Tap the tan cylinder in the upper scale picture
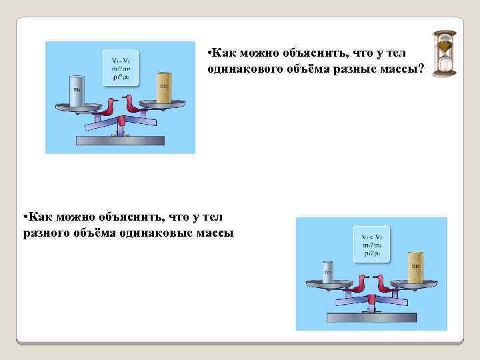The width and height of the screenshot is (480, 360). (x=164, y=87)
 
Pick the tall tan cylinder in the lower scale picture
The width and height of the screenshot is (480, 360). (x=415, y=266)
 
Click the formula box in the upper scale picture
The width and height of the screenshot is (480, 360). (x=120, y=67)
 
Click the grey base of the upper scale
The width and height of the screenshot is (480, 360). (x=120, y=140)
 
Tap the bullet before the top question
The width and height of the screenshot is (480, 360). (x=209, y=53)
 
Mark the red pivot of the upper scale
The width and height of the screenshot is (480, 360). (x=121, y=120)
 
